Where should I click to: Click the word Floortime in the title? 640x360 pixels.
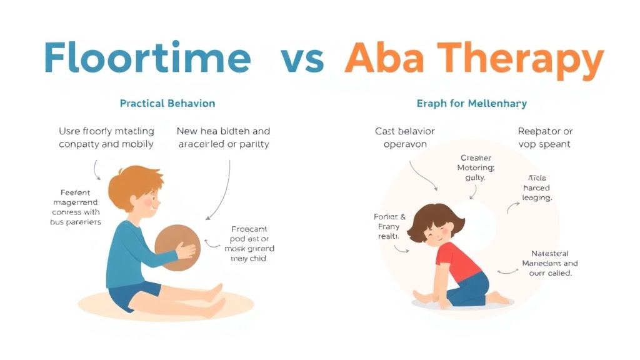[147, 58]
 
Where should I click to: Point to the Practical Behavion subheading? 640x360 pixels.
[167, 103]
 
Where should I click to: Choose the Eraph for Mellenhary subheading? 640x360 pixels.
[471, 103]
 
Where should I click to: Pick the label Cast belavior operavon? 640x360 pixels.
[404, 137]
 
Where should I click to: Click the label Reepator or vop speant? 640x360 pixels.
[545, 137]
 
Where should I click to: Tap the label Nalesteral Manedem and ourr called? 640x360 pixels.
[549, 263]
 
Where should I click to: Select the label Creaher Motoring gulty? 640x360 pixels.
[476, 167]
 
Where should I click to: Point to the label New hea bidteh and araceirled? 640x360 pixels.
[223, 137]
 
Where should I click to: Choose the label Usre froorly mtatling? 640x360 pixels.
[106, 137]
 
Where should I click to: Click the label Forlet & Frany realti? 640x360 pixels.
[389, 226]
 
